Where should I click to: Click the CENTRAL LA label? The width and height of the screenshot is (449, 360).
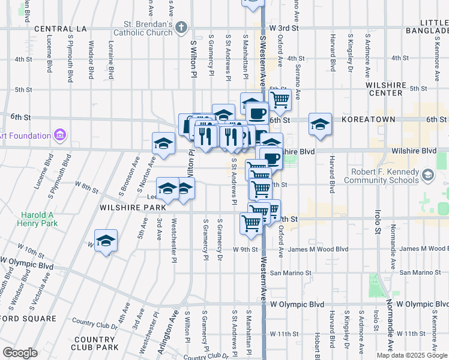click(x=61, y=29)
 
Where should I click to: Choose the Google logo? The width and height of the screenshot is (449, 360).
click(x=20, y=352)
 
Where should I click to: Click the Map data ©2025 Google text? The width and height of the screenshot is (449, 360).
click(x=412, y=355)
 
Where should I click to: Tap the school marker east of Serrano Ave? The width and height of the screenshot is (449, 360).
click(x=321, y=125)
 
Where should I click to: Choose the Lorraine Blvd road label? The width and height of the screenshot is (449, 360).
click(x=111, y=60)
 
